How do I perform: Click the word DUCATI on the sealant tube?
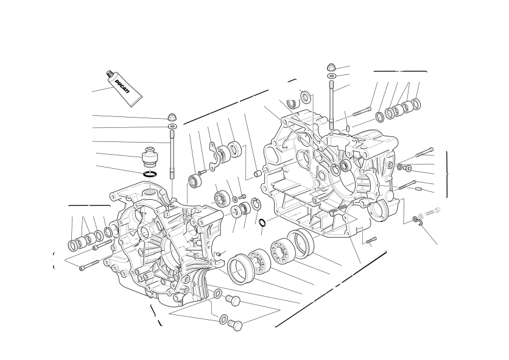122,86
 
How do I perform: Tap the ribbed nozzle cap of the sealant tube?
110,74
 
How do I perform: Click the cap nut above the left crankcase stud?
172,116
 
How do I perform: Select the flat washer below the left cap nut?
172,125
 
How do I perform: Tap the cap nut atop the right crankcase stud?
331,68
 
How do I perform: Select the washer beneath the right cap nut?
331,76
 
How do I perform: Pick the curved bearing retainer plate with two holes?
215,155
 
